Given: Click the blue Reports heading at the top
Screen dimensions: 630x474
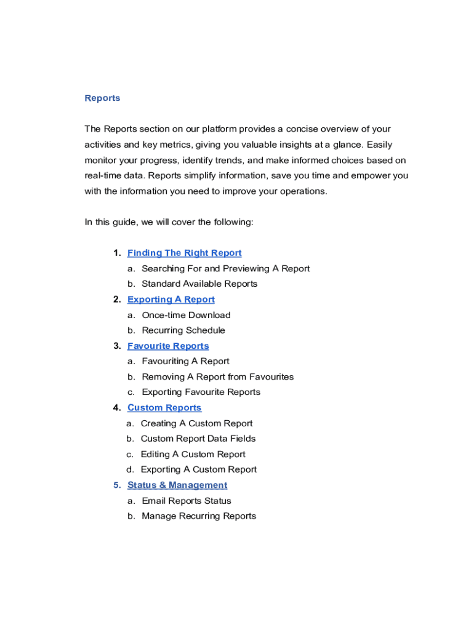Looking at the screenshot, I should pos(102,98).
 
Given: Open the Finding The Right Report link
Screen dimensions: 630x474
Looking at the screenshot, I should pos(184,253).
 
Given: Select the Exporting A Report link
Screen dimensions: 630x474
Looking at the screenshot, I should pos(171,300).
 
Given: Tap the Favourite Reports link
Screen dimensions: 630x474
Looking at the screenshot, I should pos(168,346).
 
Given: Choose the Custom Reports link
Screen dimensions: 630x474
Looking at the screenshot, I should pos(164,408).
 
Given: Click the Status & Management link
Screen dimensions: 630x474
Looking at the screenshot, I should pos(177,485).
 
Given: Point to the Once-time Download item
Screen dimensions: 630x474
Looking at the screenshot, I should pos(186,315).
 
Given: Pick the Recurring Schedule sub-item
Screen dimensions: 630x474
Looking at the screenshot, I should pos(183,330).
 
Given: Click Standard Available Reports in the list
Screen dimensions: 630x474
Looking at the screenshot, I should pos(199,284).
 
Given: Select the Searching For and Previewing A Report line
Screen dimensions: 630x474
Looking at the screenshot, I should pos(225,268).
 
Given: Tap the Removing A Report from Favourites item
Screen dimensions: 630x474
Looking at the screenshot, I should pos(217,377).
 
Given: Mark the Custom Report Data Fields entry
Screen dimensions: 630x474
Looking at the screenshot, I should pos(198,439).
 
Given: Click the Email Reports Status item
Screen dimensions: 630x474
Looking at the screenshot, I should pos(187,501).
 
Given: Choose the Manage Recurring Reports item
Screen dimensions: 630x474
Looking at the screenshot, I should pos(199,516).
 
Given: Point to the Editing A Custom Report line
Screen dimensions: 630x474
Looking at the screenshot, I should pos(193,454).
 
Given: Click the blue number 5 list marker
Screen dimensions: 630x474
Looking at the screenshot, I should pos(116,485).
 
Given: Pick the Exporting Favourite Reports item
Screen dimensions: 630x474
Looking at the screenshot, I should pos(201,392).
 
